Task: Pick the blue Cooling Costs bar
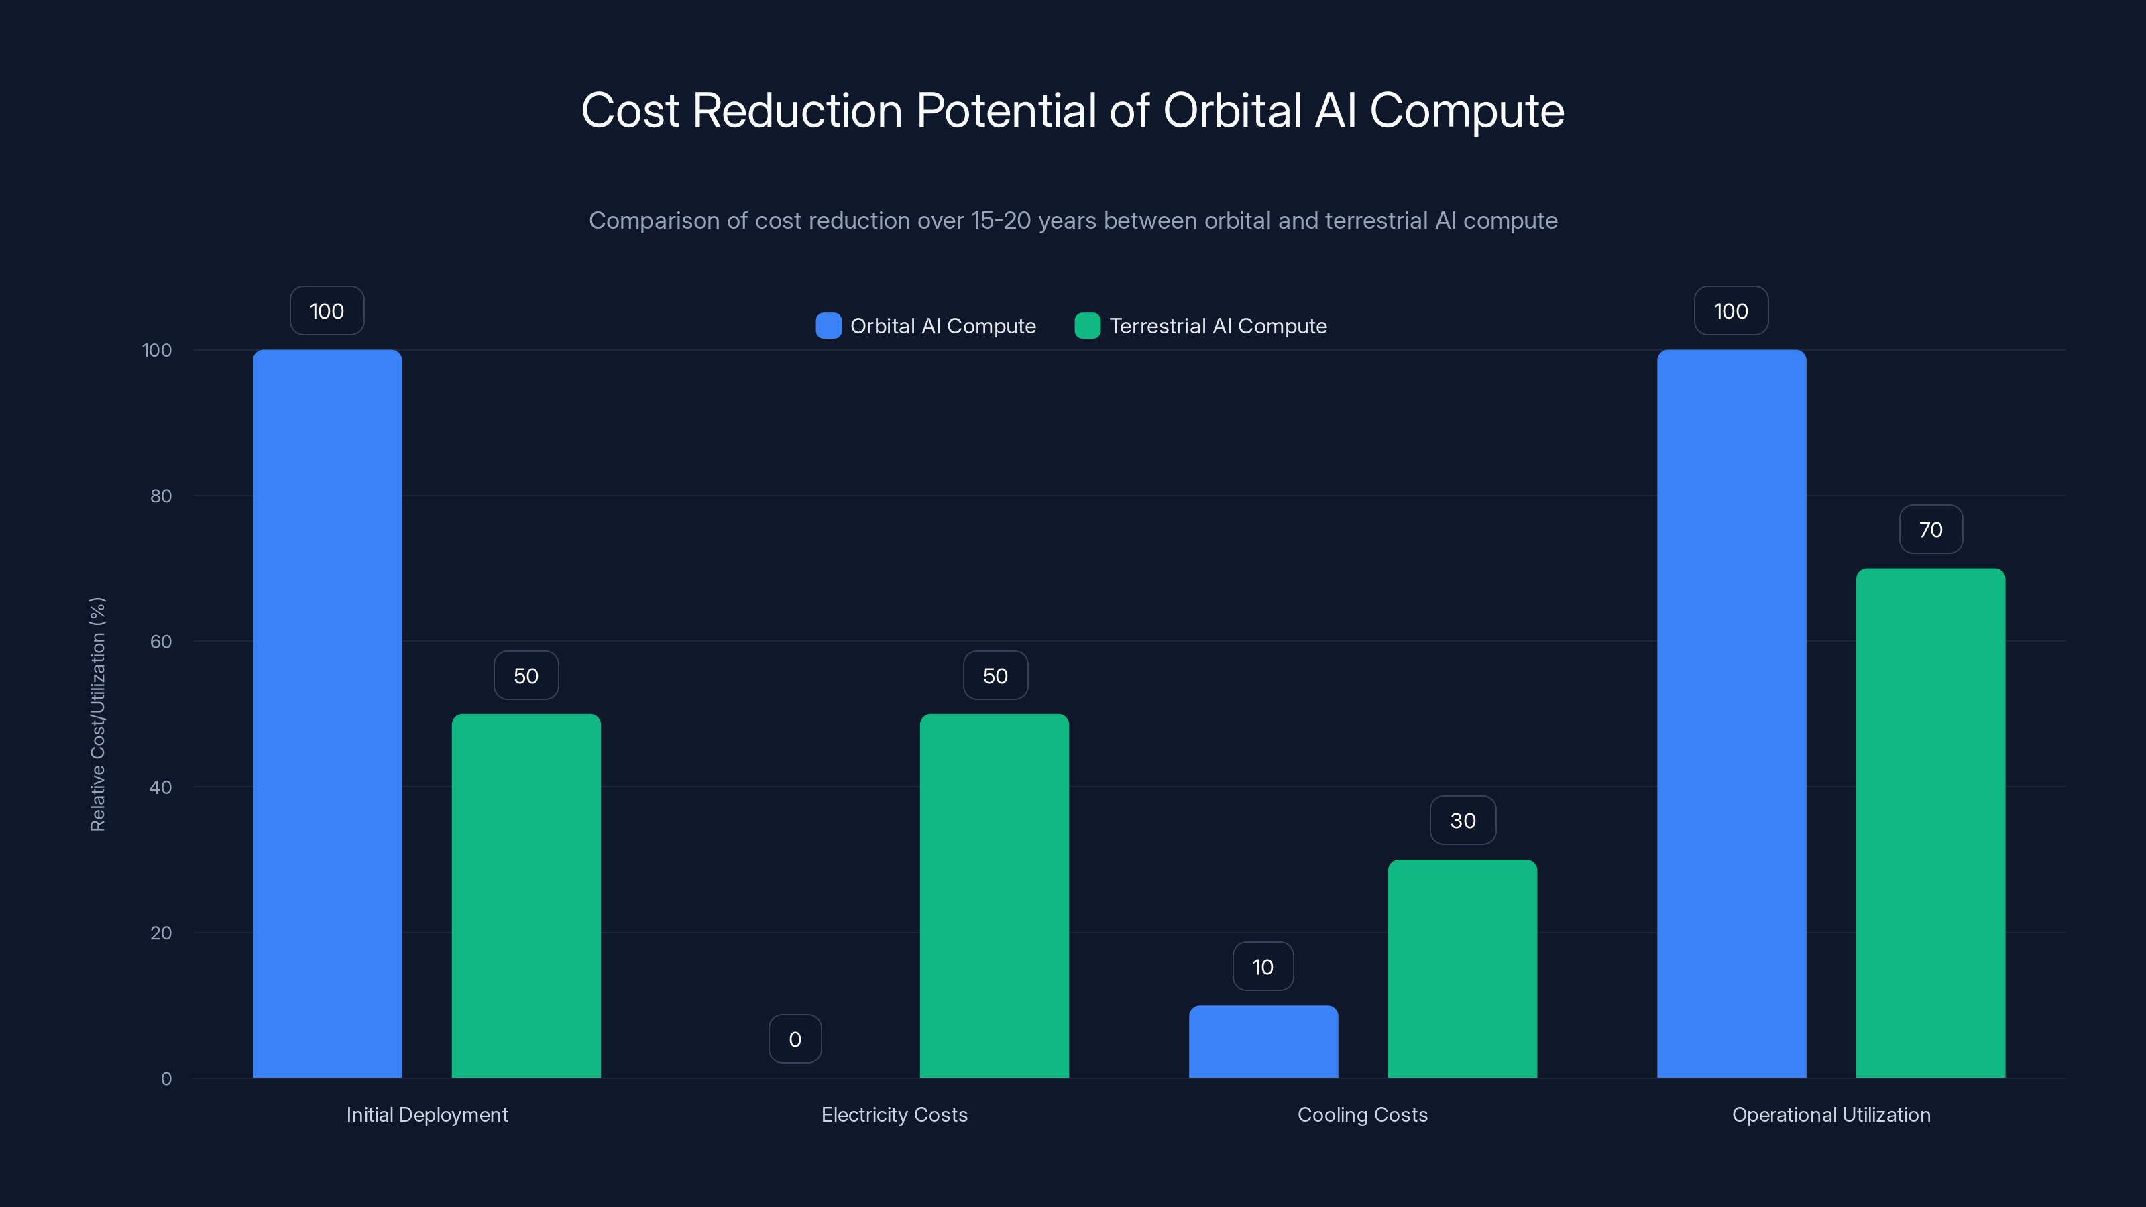point(1263,1041)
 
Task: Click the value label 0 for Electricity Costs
point(795,1039)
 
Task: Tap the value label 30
point(1462,821)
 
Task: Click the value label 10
point(1263,966)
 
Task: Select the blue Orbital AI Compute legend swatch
point(828,326)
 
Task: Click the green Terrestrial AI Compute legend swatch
point(1087,326)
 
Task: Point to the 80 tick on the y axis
point(161,496)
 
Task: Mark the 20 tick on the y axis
point(161,933)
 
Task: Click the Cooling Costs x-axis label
point(1362,1114)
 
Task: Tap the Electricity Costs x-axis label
point(894,1114)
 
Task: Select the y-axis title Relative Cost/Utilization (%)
point(97,714)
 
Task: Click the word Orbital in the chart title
point(1231,110)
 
